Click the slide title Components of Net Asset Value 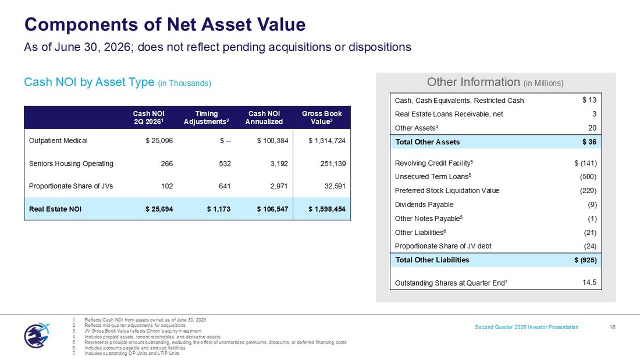point(165,24)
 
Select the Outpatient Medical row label point(58,141)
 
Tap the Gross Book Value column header point(322,117)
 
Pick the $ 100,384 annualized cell point(273,141)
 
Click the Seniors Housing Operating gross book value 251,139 point(333,163)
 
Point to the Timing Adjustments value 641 point(225,186)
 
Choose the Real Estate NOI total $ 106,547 point(273,209)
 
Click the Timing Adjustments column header point(207,117)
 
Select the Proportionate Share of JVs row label point(71,186)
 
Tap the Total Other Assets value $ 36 point(589,142)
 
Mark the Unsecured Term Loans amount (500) point(588,177)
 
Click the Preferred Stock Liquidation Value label point(447,191)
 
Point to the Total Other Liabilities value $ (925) point(586,260)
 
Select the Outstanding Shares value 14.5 point(589,283)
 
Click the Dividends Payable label point(424,205)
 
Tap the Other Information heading point(495,83)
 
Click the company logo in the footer point(37,335)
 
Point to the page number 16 point(612,327)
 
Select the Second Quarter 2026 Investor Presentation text point(527,327)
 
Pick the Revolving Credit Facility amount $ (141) point(586,163)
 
